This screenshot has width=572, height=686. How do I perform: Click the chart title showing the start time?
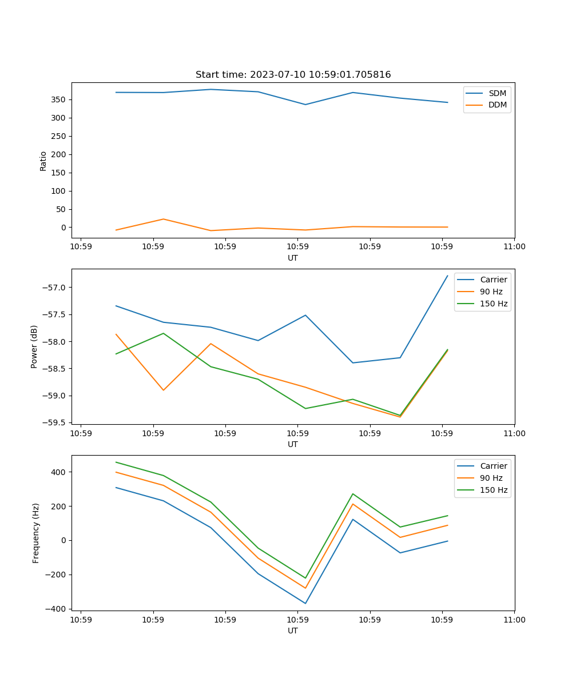[x=293, y=75]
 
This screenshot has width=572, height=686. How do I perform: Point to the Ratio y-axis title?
[x=43, y=161]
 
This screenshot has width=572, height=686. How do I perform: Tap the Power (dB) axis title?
[x=34, y=346]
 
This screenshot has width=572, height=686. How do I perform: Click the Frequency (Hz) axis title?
[x=35, y=533]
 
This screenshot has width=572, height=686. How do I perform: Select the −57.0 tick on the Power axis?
[x=56, y=288]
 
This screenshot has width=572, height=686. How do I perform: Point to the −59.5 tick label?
[x=56, y=422]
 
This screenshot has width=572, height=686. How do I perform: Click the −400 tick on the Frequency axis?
[x=57, y=609]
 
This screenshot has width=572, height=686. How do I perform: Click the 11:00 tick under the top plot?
[x=514, y=247]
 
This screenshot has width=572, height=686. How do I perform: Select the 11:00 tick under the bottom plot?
[x=514, y=620]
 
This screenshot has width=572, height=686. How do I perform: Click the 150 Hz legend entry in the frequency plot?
[x=494, y=490]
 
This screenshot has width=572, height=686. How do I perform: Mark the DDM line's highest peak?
[x=164, y=219]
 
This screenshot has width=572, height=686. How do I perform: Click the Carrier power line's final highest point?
[x=447, y=276]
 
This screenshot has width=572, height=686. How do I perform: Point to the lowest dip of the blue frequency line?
[x=305, y=603]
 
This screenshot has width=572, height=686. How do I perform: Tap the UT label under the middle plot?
[x=293, y=444]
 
